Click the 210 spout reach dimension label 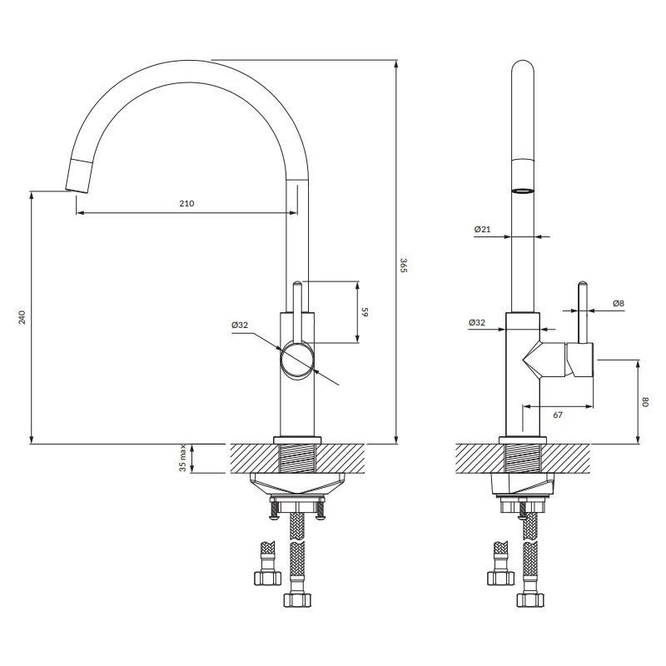186,203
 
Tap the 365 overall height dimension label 404,265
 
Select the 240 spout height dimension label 22,317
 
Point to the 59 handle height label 365,312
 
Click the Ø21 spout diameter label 482,230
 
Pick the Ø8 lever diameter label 619,303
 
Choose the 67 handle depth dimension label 558,415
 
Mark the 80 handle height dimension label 646,402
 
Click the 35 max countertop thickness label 182,458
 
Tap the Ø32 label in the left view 240,326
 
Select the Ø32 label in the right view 476,322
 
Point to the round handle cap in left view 297,360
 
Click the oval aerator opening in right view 523,191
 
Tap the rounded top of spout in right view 523,66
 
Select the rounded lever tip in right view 584,284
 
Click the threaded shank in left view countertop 297,458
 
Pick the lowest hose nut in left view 297,599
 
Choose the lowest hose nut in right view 530,599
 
